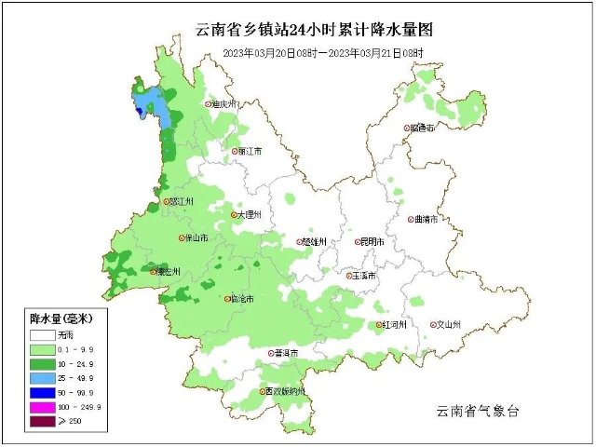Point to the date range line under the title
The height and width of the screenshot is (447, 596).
click(322, 54)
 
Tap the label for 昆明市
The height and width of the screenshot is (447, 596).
click(375, 242)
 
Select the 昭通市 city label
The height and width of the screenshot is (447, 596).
click(423, 129)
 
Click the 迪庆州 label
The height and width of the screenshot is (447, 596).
click(226, 105)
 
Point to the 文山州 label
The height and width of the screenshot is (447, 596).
click(449, 325)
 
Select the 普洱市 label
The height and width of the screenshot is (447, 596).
click(286, 354)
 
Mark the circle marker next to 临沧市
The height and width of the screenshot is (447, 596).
click(227, 299)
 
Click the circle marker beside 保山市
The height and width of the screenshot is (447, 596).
click(183, 238)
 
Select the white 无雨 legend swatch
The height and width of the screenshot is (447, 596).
click(42, 333)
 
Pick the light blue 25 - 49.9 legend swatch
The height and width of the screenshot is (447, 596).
click(42, 379)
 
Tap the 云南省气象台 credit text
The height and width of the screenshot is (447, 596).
click(477, 411)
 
